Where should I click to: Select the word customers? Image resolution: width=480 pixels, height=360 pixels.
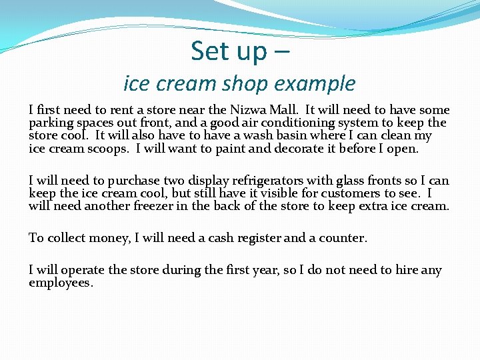point(350,193)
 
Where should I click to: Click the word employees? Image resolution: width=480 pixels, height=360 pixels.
point(61,283)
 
